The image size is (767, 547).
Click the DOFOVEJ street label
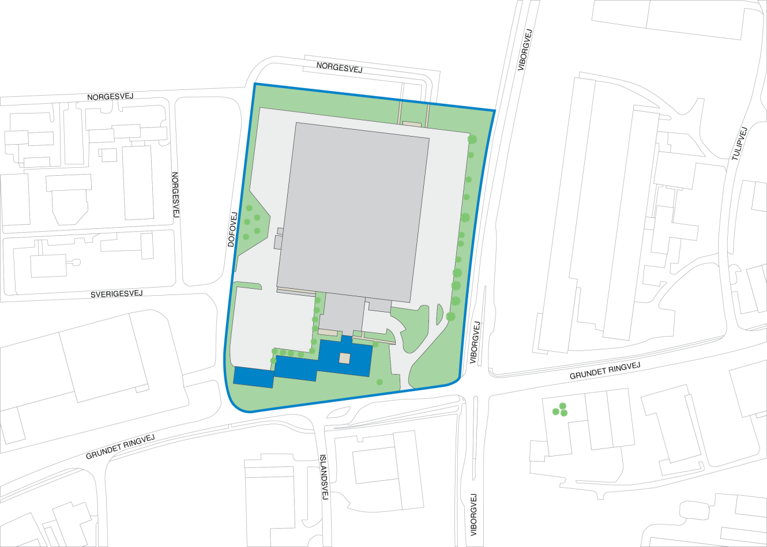tap(233, 230)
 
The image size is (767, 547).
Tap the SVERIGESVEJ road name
tap(116, 294)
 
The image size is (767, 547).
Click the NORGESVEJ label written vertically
tap(176, 195)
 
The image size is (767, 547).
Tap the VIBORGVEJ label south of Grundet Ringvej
tap(474, 515)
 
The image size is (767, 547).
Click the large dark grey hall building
tap(353, 211)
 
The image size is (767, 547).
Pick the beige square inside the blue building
tap(344, 359)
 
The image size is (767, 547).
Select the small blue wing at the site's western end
tap(253, 377)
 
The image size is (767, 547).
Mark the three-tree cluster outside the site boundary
tap(561, 410)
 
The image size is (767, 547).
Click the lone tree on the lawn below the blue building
tap(379, 382)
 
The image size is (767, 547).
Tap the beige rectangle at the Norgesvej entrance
tap(412, 123)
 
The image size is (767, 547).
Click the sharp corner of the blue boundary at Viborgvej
tap(494, 111)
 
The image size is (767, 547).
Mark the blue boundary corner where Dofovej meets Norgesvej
tap(255, 84)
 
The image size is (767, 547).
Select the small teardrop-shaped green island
tap(439, 314)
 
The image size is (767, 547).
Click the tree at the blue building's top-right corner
tap(375, 344)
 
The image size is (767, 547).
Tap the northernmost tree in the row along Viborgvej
tap(472, 139)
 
